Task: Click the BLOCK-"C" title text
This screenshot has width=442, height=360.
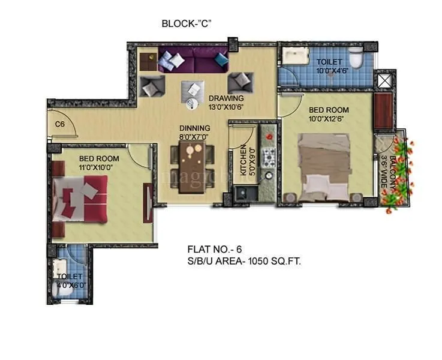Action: point(187,24)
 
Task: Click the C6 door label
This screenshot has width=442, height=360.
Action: point(59,124)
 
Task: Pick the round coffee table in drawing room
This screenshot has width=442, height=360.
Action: point(191,104)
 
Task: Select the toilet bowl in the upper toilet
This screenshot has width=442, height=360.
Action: point(356,59)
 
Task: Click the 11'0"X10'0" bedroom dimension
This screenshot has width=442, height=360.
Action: point(100,167)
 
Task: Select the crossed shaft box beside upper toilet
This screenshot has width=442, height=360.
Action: point(383,79)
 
